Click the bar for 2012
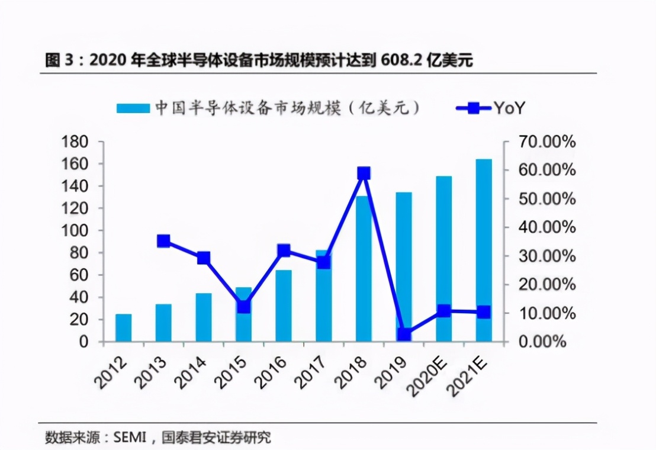[123, 327]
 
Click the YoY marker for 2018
[364, 173]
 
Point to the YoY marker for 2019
[404, 335]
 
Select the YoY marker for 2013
[163, 241]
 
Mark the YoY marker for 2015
[243, 307]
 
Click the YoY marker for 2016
[284, 250]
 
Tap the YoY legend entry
[491, 108]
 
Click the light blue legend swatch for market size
[133, 108]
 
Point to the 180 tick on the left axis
[75, 142]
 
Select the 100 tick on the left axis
[75, 231]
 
